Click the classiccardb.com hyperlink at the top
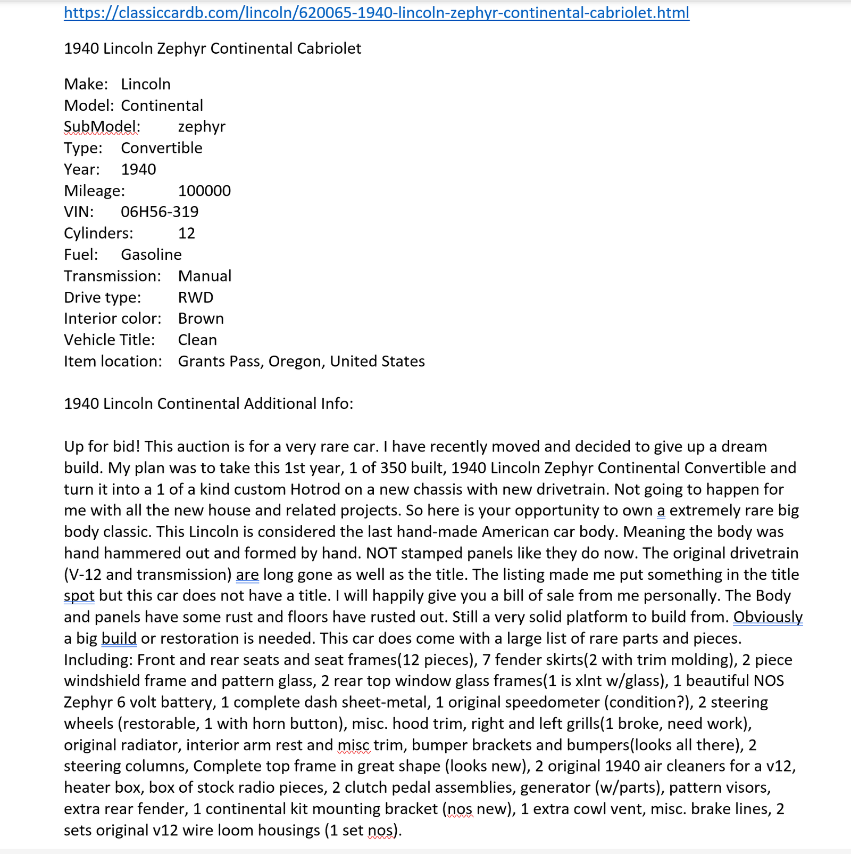(377, 12)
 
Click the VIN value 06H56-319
(160, 212)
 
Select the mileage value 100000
(204, 191)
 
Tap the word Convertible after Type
(162, 148)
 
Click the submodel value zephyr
(202, 127)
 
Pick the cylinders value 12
(187, 233)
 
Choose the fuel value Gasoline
(151, 254)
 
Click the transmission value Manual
(205, 276)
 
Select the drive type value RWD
(196, 297)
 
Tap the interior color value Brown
(201, 318)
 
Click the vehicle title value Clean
(197, 340)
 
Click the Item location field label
(113, 362)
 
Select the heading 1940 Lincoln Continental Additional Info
(208, 404)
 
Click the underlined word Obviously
(768, 617)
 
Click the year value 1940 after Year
(138, 169)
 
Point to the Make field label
(86, 84)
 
